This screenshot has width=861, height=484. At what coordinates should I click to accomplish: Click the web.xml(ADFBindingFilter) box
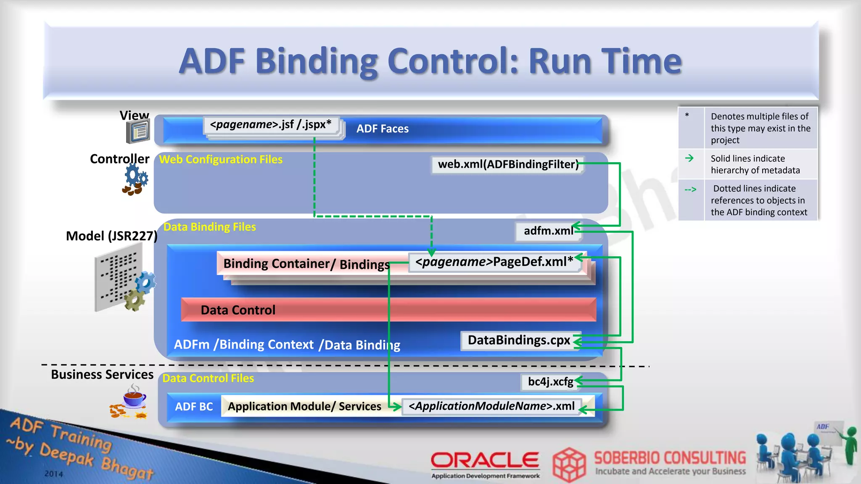pyautogui.click(x=508, y=164)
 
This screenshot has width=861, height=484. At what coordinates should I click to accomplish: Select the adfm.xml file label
pyautogui.click(x=548, y=231)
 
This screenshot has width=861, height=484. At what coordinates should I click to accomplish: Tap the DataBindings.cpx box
pyautogui.click(x=519, y=340)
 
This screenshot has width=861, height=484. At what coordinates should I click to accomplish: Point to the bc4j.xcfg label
pyautogui.click(x=550, y=381)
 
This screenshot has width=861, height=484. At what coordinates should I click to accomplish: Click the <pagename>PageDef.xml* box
pyautogui.click(x=494, y=262)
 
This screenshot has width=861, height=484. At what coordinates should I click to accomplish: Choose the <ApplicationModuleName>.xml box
pyautogui.click(x=491, y=406)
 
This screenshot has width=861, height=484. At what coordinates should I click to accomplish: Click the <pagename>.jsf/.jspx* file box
pyautogui.click(x=271, y=125)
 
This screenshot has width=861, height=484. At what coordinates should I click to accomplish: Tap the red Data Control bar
pyautogui.click(x=388, y=310)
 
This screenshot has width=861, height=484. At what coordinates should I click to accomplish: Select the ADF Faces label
pyautogui.click(x=383, y=129)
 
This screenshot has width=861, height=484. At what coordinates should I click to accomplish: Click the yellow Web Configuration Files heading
pyautogui.click(x=221, y=160)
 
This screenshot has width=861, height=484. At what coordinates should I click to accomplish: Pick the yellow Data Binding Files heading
pyautogui.click(x=209, y=227)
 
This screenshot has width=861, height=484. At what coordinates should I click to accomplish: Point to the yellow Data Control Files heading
pyautogui.click(x=208, y=378)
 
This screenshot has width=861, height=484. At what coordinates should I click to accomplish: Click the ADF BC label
pyautogui.click(x=194, y=407)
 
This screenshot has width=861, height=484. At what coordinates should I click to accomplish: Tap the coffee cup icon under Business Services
pyautogui.click(x=134, y=396)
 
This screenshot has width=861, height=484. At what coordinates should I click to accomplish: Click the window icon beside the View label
pyautogui.click(x=138, y=132)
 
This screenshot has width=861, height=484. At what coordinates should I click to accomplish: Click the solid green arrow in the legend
pyautogui.click(x=689, y=158)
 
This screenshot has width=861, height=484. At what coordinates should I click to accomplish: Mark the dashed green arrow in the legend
pyautogui.click(x=690, y=190)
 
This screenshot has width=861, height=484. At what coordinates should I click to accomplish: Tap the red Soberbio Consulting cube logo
pyautogui.click(x=569, y=465)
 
